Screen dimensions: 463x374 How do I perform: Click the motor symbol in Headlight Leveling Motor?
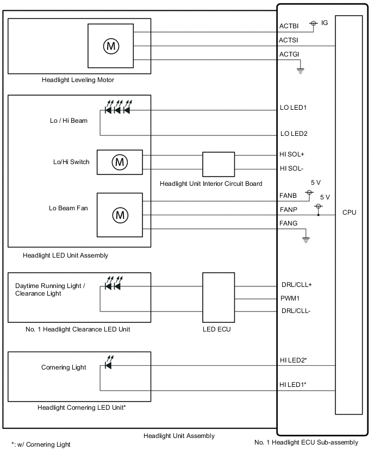tap(111, 46)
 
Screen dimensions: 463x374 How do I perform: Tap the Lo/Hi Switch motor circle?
tap(119, 161)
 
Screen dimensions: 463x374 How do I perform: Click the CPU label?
tap(349, 212)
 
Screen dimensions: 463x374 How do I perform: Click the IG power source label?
tap(325, 23)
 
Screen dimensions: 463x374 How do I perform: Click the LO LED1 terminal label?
tap(294, 108)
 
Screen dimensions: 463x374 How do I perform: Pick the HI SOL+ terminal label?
tap(292, 154)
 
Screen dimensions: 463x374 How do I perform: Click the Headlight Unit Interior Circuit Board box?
tap(219, 162)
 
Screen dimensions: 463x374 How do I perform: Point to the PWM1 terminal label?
tap(290, 298)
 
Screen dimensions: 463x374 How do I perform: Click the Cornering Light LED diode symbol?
tap(108, 365)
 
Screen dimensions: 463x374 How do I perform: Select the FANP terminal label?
tap(289, 209)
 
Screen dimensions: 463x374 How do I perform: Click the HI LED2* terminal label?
tap(294, 360)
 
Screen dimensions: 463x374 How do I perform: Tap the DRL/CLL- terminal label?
tap(296, 311)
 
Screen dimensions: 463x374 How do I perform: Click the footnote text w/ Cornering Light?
tap(41, 445)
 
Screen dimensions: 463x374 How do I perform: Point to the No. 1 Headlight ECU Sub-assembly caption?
tap(306, 442)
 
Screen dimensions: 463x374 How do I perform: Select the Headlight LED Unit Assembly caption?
tap(66, 255)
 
